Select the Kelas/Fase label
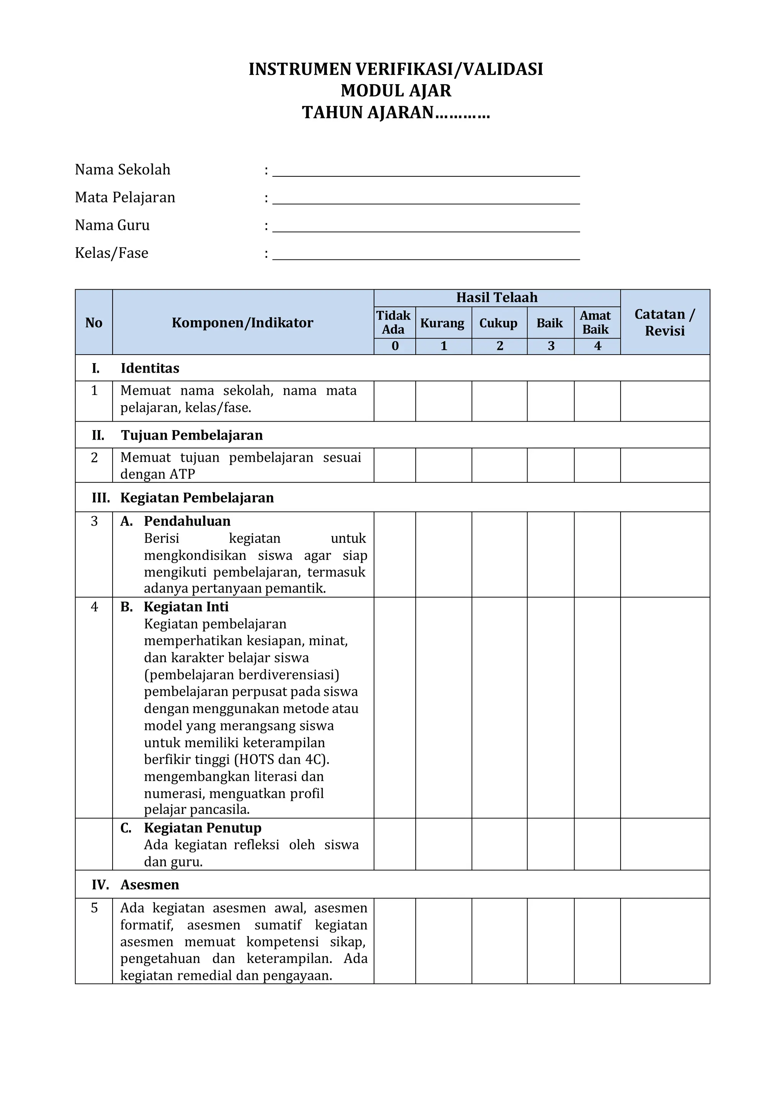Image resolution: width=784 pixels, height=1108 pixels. coord(111,253)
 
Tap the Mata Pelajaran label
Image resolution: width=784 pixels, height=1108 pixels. coord(125,197)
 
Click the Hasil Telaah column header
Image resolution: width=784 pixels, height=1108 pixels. coord(497,298)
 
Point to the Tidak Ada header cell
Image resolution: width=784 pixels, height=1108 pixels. coord(394,323)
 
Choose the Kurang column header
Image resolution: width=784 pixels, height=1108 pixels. coord(443,323)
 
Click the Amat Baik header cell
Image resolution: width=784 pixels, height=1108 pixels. coord(596,323)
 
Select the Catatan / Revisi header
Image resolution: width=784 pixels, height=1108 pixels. coord(665,323)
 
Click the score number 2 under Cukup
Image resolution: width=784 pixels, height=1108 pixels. coord(500,346)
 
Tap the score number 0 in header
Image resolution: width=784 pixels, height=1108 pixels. coord(395,346)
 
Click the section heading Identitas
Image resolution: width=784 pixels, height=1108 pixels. coord(150,368)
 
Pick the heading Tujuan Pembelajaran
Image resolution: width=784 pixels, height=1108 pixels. coord(192,435)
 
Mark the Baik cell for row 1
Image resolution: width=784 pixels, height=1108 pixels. coord(550,401)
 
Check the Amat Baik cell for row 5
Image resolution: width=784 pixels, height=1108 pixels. coord(597,940)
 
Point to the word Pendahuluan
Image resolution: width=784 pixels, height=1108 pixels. coord(187,521)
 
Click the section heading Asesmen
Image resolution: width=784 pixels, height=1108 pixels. coord(150,885)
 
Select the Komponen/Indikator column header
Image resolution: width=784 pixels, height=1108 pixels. coord(242,323)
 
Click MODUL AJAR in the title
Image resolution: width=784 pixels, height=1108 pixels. coord(396,91)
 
